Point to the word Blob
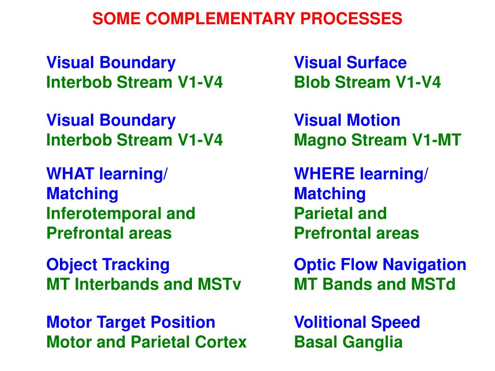(312, 83)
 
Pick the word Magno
(320, 140)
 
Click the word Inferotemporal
(100, 214)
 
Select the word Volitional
(330, 322)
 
